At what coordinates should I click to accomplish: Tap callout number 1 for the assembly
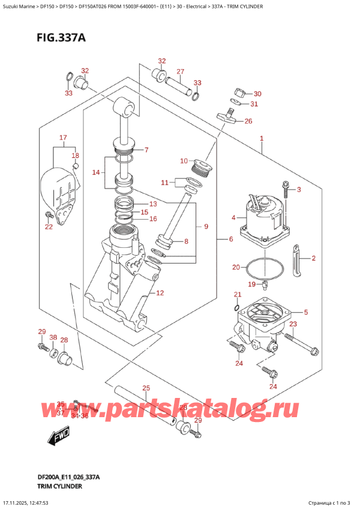point(262,139)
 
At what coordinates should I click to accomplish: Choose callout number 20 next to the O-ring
point(236,267)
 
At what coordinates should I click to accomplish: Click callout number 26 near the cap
point(248,121)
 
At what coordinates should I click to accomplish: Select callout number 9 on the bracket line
point(206,226)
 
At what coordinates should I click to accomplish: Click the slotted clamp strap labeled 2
point(297,261)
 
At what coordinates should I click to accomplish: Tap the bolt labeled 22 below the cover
point(49,214)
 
